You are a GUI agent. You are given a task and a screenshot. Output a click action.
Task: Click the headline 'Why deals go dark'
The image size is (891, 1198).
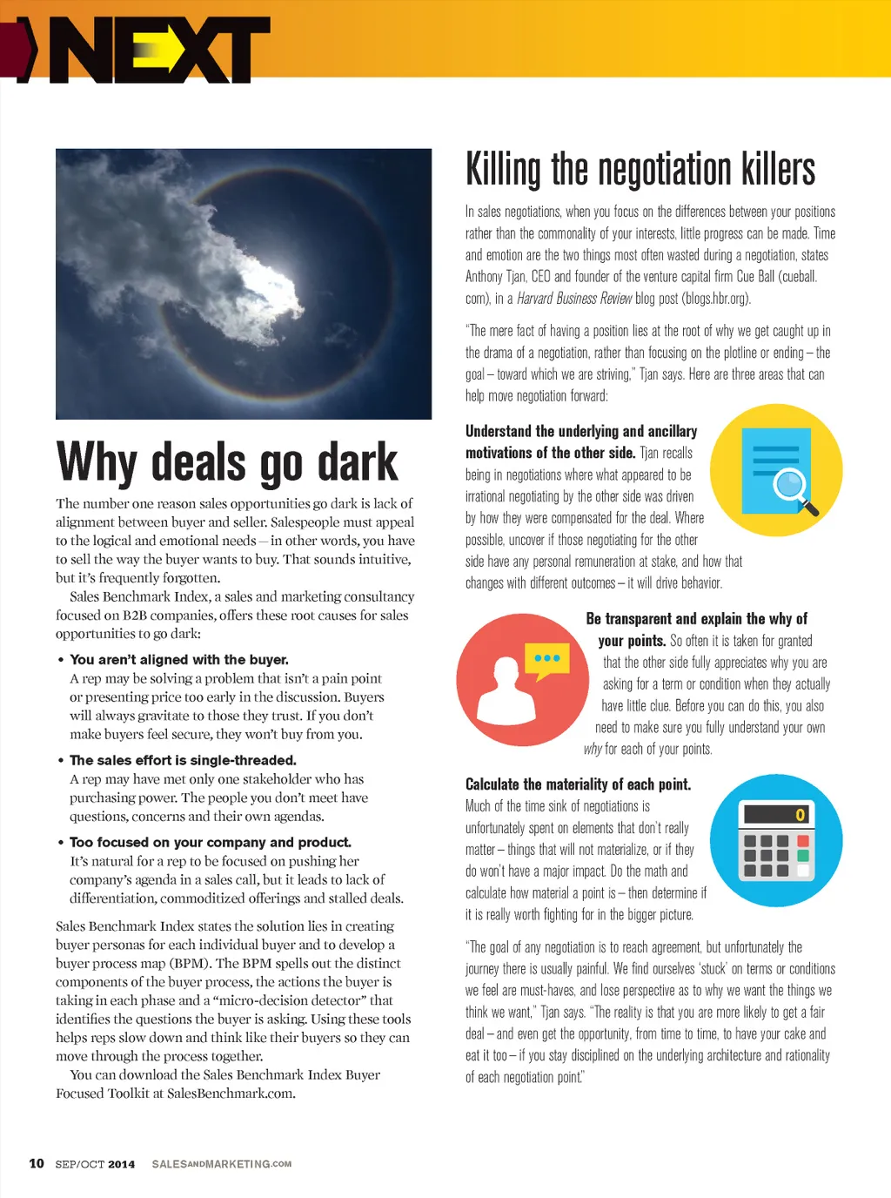(x=227, y=462)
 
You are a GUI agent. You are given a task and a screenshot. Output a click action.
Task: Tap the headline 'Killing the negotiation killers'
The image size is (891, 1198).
(x=640, y=169)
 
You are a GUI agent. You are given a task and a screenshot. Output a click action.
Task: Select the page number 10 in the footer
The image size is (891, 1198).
(x=37, y=1163)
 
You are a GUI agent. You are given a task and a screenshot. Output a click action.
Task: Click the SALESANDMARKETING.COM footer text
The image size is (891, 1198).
(x=221, y=1164)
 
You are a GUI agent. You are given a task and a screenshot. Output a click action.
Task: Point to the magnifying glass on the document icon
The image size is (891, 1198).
(x=792, y=483)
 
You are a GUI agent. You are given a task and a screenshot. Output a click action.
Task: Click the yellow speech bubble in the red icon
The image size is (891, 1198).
(x=546, y=659)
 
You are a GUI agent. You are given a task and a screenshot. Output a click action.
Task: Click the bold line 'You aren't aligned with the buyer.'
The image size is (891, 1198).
(x=179, y=660)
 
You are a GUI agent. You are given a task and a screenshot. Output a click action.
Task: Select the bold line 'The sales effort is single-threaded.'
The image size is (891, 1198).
(x=183, y=760)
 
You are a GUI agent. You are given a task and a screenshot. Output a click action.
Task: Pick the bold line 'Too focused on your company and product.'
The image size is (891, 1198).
(x=211, y=842)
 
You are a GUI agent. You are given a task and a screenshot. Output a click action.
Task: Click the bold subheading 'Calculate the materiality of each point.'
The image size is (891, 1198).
(x=578, y=784)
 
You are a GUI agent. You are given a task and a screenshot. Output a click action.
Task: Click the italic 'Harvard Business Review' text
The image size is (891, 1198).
(x=574, y=299)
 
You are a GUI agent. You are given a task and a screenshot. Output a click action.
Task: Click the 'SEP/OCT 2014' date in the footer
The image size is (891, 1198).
(x=95, y=1164)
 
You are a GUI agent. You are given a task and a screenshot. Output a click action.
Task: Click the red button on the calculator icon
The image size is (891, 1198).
(x=803, y=841)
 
